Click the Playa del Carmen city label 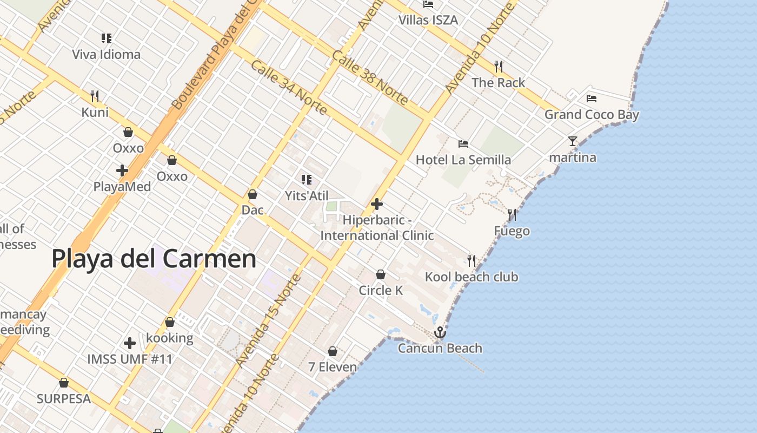(154, 259)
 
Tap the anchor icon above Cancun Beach (440, 332)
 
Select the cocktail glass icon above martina (573, 141)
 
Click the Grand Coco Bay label (592, 115)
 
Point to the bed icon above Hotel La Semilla (463, 144)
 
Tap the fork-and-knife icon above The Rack (499, 67)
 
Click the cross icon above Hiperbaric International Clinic (377, 204)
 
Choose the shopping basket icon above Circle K (381, 274)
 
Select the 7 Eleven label (333, 367)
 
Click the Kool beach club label (472, 277)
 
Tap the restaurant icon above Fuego (512, 215)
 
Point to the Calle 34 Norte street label (289, 88)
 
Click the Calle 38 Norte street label (370, 78)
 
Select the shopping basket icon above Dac (252, 194)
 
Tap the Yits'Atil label (307, 196)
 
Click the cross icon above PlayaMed (122, 170)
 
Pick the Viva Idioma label (107, 55)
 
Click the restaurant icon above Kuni (95, 96)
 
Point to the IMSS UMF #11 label (130, 359)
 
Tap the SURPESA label (64, 399)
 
